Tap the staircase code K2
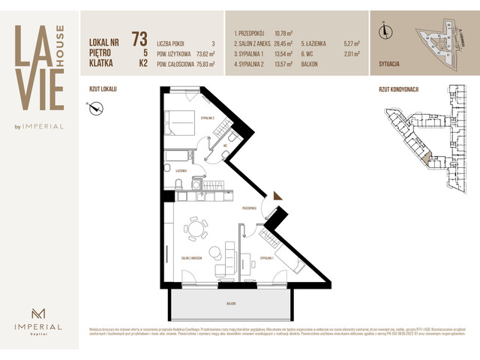[x=142, y=64]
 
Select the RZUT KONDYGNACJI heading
[x=399, y=88]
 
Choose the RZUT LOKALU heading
[x=103, y=88]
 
